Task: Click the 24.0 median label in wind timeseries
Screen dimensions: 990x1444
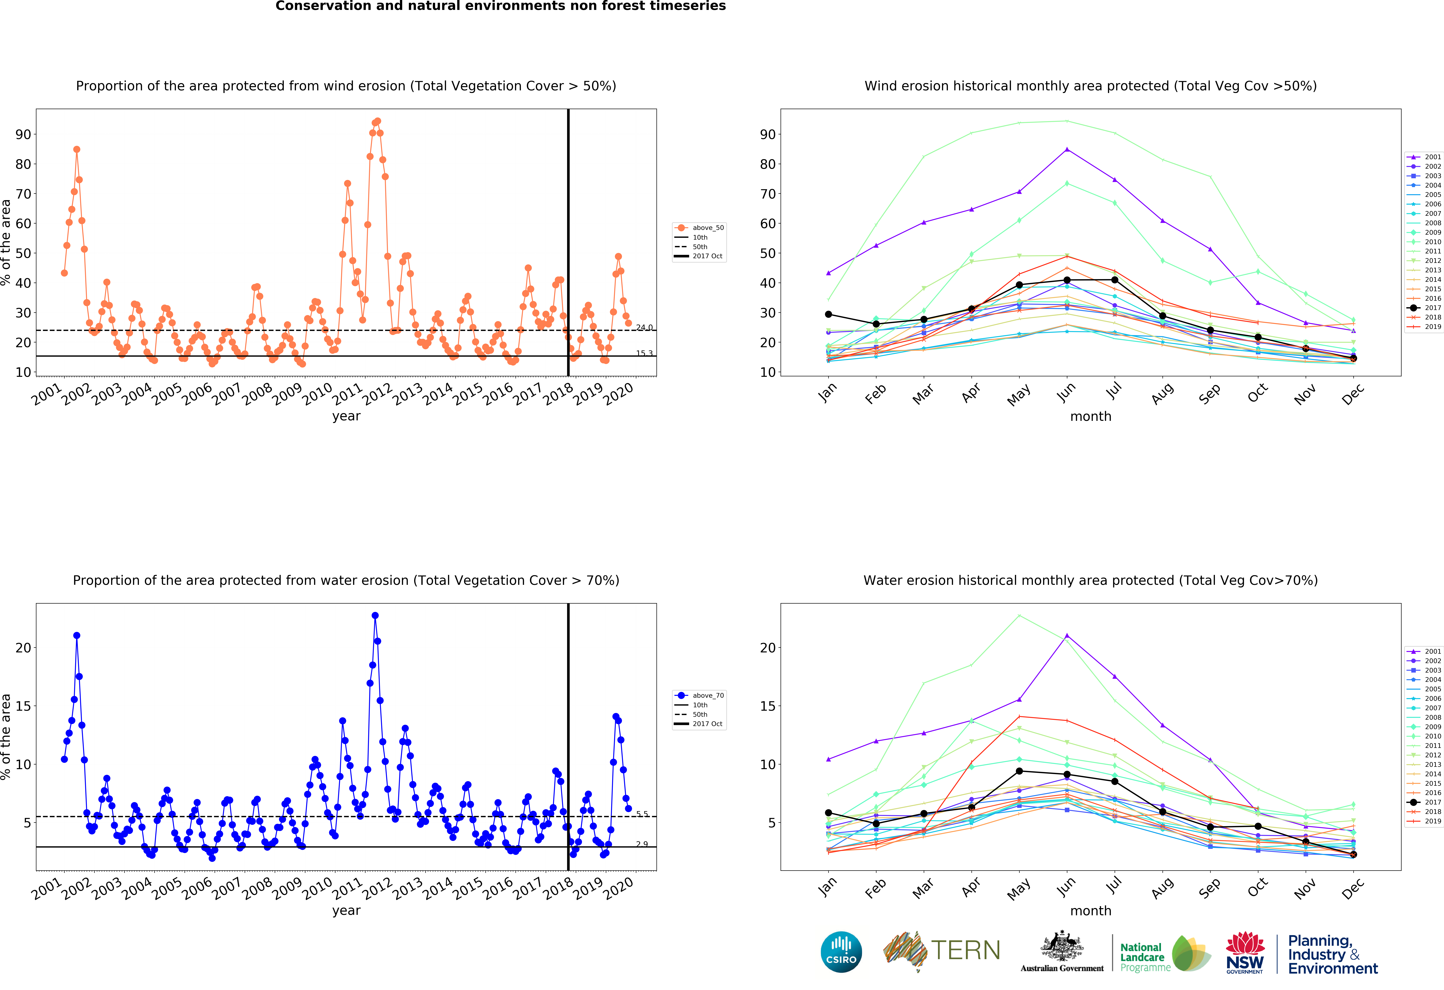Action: [644, 328]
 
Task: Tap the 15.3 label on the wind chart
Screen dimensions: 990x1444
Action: [644, 354]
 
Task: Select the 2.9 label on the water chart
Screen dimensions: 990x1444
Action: [642, 844]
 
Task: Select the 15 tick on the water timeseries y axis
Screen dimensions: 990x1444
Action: [23, 706]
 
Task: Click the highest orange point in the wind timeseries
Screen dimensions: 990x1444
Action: [377, 121]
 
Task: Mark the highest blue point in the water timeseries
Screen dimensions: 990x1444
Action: [375, 615]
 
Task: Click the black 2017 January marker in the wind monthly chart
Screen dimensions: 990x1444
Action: [828, 314]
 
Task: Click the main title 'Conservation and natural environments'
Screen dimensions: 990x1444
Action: [500, 6]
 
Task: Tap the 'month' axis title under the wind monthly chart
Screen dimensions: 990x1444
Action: [1090, 416]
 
